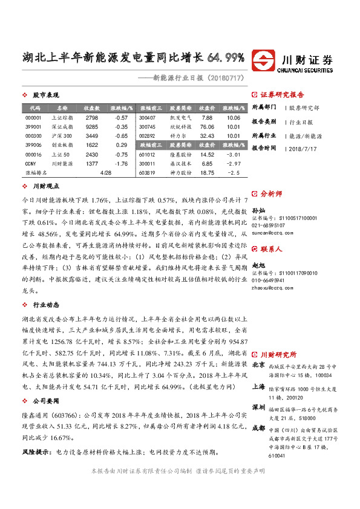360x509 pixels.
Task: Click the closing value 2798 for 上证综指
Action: pos(92,117)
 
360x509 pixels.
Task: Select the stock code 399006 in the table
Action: pos(33,145)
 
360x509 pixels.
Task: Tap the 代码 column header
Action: pos(34,107)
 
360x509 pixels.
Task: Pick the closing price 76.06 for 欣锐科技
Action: pos(207,127)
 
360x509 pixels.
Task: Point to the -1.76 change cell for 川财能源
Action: pos(121,164)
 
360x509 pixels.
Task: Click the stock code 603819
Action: pos(147,173)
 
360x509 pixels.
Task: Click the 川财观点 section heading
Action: pos(45,187)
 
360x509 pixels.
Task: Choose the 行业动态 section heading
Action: pos(45,305)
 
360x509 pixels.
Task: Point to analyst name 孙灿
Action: pos(258,209)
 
